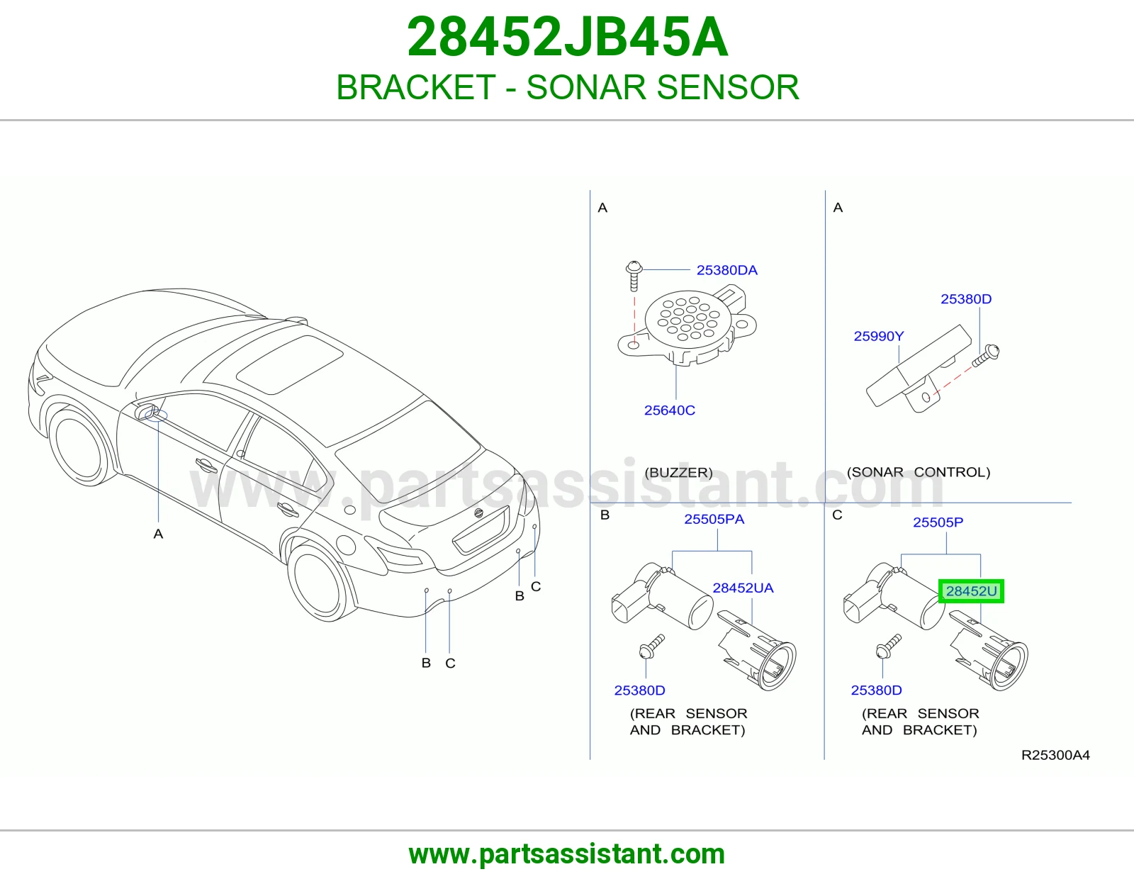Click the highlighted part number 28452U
click(x=971, y=591)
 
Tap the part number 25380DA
click(x=727, y=270)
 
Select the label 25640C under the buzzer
click(x=670, y=410)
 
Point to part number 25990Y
click(x=879, y=336)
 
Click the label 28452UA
click(x=743, y=588)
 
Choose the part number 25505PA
click(x=714, y=519)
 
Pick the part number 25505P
click(x=938, y=522)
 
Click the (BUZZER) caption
click(x=678, y=472)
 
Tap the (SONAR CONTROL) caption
click(x=919, y=472)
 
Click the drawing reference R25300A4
click(x=1056, y=755)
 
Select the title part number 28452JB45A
click(x=567, y=37)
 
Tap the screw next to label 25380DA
click(x=634, y=276)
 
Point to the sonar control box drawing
click(x=919, y=367)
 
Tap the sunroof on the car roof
click(x=290, y=364)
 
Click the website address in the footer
click(x=567, y=854)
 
